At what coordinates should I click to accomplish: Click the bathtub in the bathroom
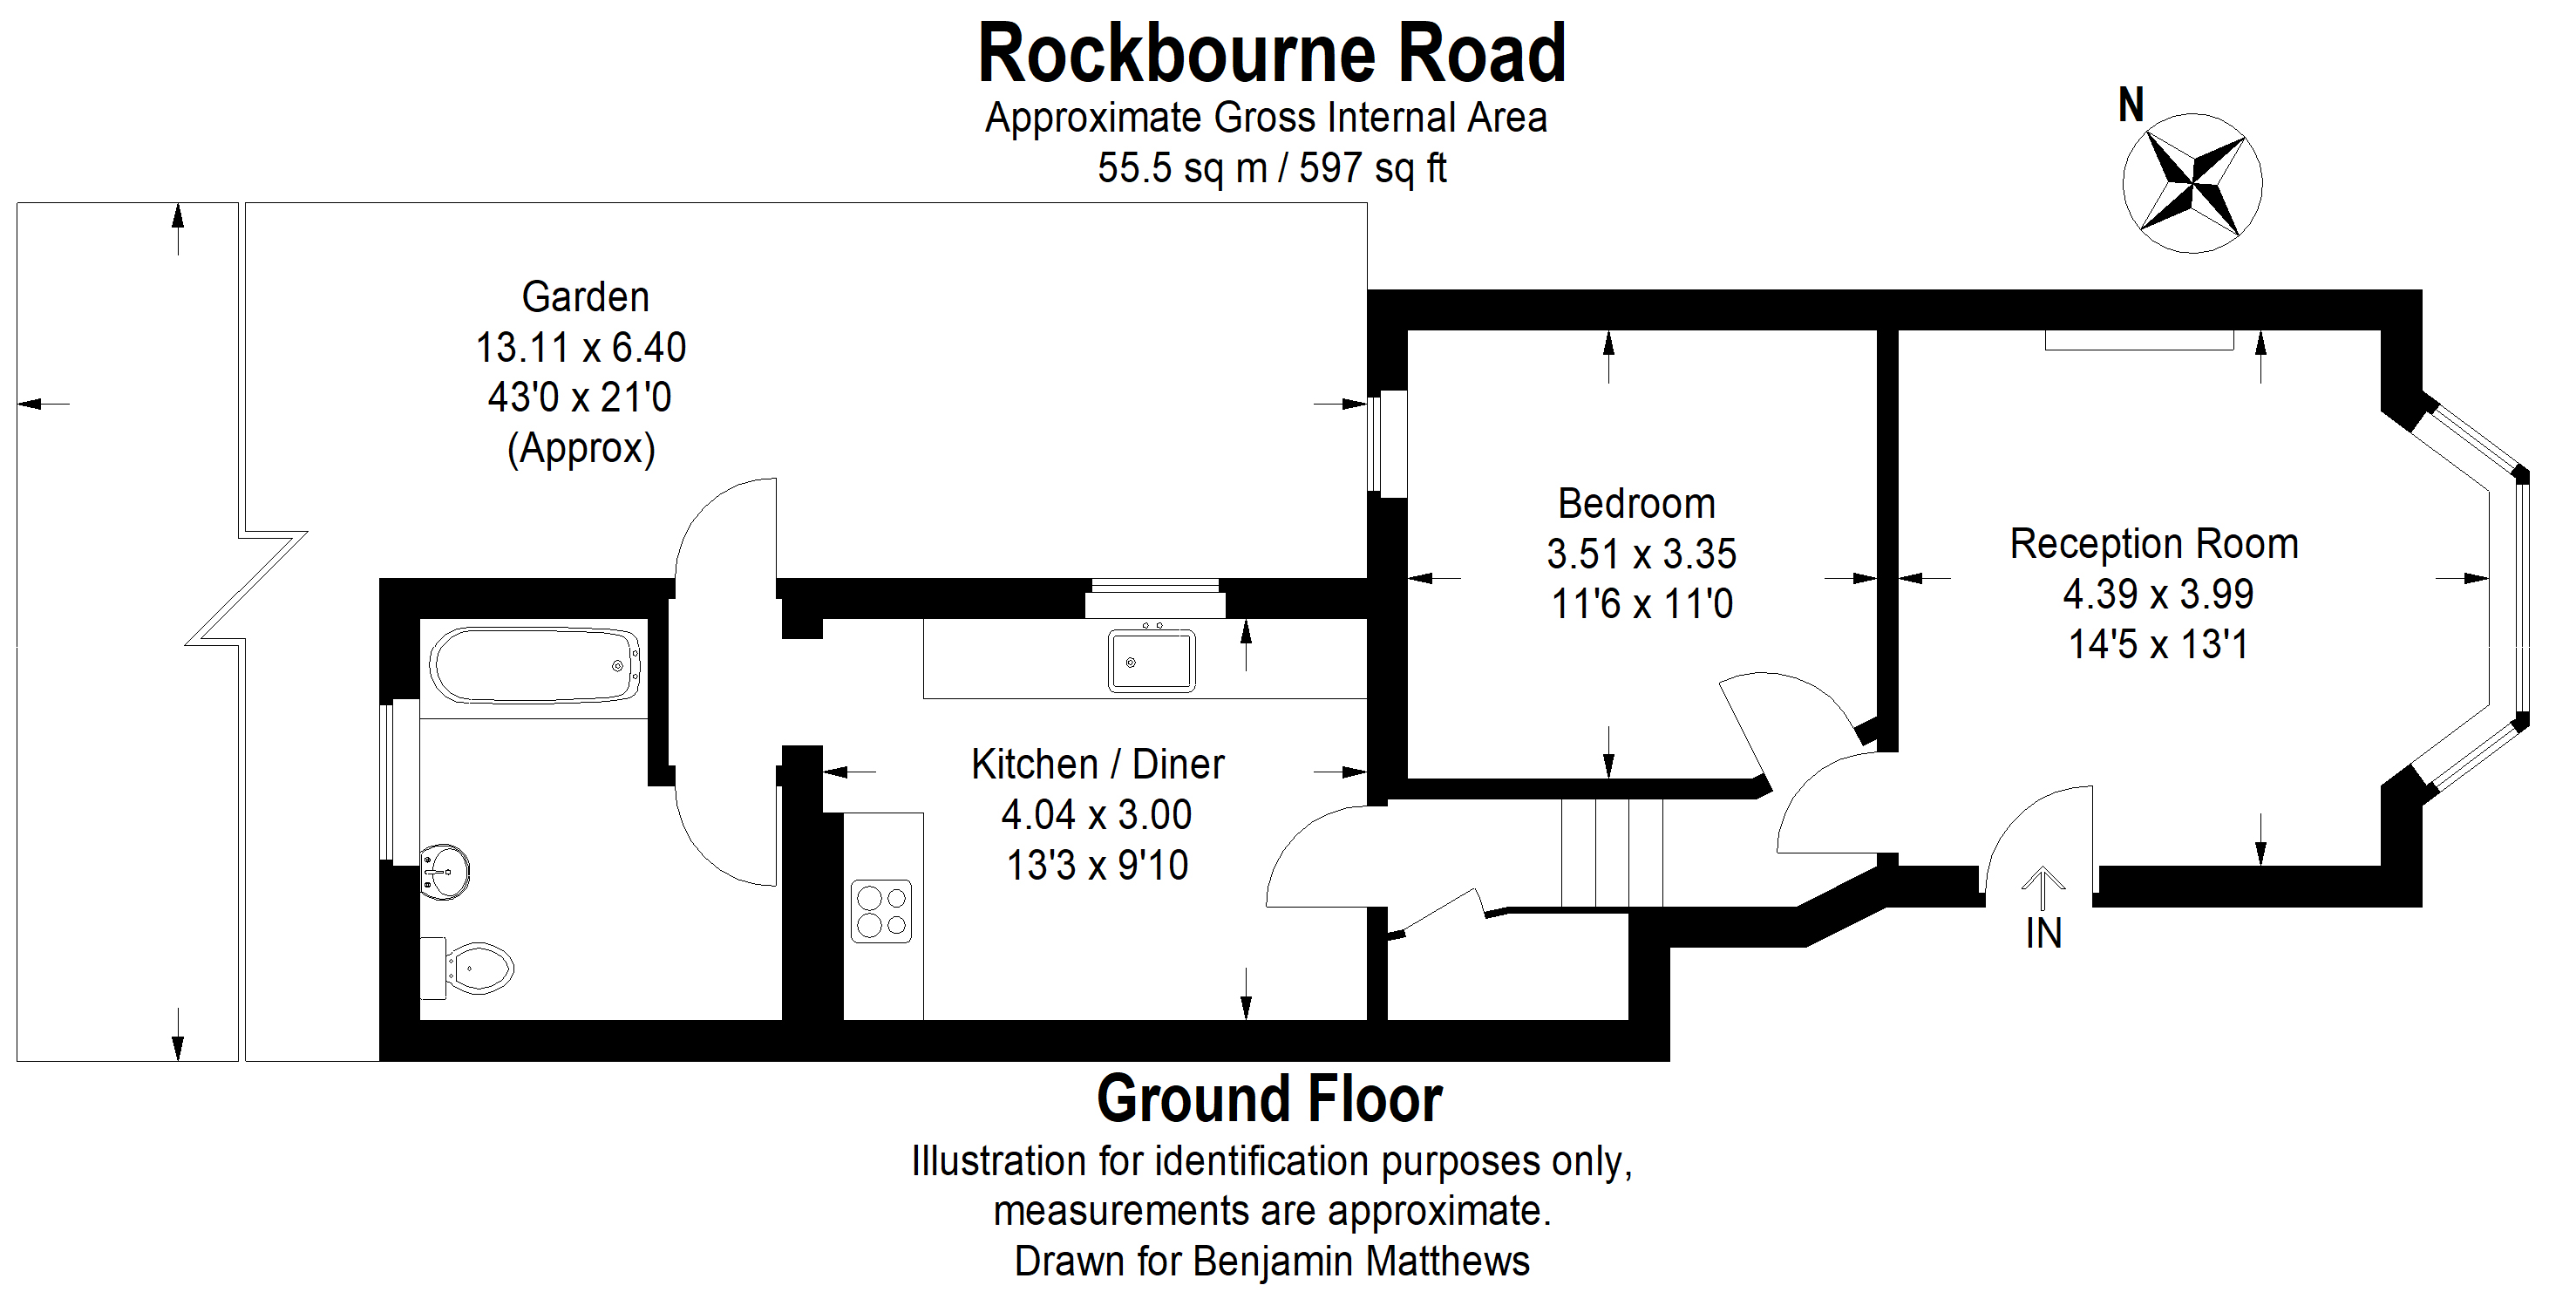click(535, 665)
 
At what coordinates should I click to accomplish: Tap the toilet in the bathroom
click(473, 967)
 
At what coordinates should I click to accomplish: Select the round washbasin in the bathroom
click(445, 872)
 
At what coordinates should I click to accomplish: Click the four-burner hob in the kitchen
click(880, 911)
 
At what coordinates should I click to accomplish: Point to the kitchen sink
click(1151, 660)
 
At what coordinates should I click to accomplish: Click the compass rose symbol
click(2192, 184)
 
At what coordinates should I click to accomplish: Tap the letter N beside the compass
click(2131, 105)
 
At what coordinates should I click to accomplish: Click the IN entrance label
click(2043, 934)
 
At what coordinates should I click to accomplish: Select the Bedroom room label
click(1635, 504)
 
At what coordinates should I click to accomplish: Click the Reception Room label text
click(2153, 544)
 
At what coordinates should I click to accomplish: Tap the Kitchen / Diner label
click(1098, 764)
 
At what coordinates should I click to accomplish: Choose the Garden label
click(585, 296)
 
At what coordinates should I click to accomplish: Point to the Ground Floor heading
click(1269, 1099)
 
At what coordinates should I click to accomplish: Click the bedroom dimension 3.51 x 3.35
click(1641, 554)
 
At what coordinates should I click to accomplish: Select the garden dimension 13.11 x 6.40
click(581, 347)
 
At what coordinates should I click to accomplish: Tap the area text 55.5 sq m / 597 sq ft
click(1272, 168)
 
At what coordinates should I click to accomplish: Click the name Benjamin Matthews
click(1361, 1261)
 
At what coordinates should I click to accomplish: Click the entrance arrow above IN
click(2043, 887)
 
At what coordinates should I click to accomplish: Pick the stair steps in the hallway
click(1612, 853)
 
